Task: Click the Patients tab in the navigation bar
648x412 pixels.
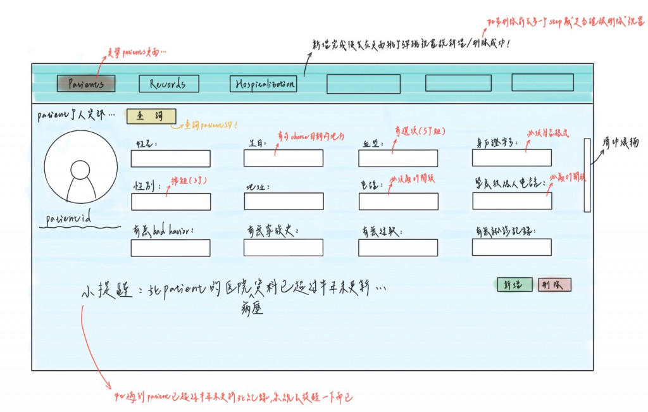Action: click(85, 84)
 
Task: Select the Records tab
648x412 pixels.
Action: click(168, 84)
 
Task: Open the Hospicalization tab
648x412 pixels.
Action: click(263, 84)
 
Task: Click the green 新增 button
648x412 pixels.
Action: click(514, 285)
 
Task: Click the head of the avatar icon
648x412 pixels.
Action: click(80, 170)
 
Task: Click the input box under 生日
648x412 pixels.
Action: click(283, 158)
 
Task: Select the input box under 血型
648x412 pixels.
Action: click(397, 158)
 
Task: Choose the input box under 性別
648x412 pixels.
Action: click(171, 202)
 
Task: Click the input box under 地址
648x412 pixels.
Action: click(283, 201)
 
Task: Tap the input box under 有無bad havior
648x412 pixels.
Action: click(170, 248)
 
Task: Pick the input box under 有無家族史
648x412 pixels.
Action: click(283, 247)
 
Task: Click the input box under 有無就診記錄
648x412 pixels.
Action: click(511, 247)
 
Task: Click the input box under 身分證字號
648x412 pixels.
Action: click(511, 158)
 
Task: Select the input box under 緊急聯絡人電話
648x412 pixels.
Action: click(512, 201)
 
